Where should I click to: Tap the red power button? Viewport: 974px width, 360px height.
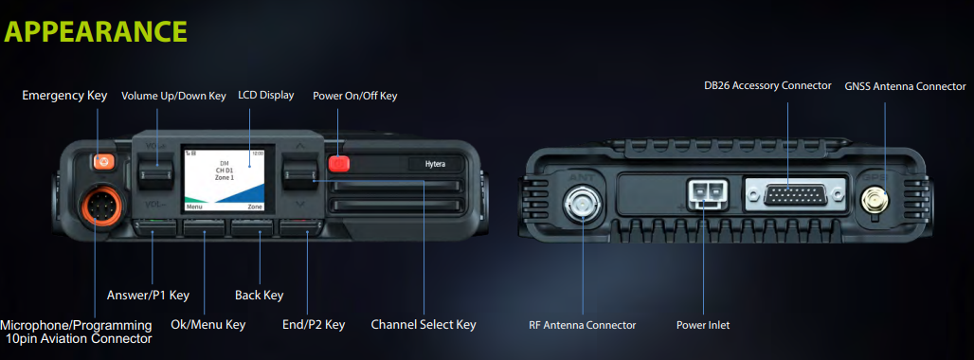(339, 163)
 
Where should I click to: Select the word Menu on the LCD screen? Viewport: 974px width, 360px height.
(194, 207)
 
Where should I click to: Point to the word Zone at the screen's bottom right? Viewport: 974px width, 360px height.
(255, 207)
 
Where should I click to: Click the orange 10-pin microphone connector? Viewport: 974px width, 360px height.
(96, 205)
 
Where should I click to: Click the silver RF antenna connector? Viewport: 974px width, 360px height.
(582, 203)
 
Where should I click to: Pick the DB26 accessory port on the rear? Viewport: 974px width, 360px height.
(796, 196)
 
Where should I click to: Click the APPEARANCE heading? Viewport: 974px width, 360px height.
(96, 31)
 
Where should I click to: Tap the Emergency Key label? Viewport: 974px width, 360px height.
(64, 96)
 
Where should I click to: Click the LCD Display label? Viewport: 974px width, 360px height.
(266, 96)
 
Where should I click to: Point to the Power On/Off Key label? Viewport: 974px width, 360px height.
(354, 96)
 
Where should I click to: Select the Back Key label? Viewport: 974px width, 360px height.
(259, 295)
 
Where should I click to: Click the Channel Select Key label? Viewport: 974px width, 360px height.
(424, 324)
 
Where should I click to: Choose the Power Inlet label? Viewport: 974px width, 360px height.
(703, 325)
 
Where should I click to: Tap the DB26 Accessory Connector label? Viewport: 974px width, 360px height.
(767, 85)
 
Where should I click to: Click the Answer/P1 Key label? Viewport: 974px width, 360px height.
(148, 295)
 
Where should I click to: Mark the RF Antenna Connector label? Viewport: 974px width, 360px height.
(583, 325)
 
